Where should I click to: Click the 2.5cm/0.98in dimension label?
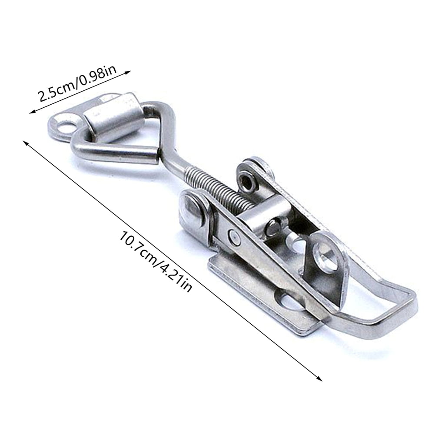pos(77,83)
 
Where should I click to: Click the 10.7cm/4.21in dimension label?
pos(155,261)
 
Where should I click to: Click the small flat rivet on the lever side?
pos(234,236)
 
